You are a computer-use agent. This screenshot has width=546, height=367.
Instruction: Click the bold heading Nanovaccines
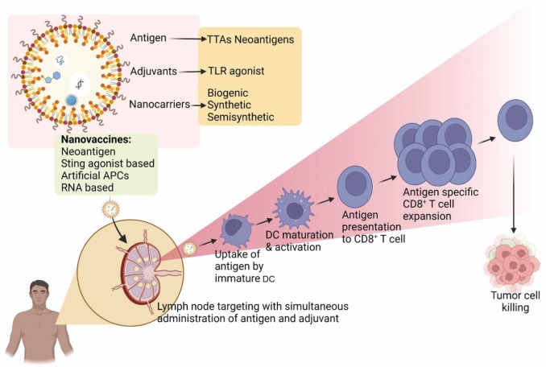click(97, 139)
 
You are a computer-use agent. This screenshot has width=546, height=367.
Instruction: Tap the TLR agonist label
click(236, 71)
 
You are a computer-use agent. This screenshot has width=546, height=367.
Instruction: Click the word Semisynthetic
click(241, 118)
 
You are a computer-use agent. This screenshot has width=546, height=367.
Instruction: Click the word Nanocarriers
click(158, 105)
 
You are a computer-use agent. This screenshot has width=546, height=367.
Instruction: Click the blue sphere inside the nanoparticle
click(72, 101)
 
